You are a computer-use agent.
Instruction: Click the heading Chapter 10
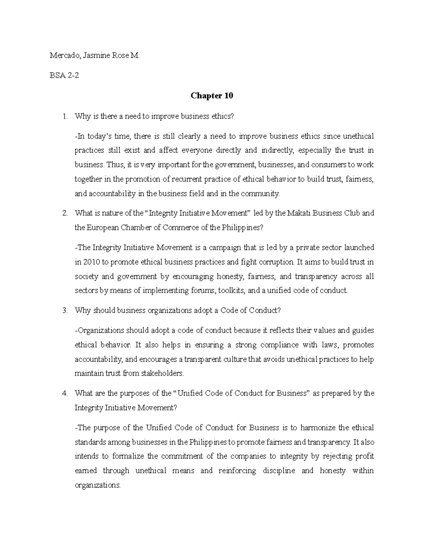(212, 96)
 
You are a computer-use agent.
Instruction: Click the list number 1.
(64, 116)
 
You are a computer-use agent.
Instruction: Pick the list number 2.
(64, 213)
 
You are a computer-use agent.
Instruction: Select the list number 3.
(64, 310)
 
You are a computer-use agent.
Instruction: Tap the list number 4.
(64, 393)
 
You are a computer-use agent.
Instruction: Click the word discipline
(279, 471)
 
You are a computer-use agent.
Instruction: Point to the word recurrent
(185, 179)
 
